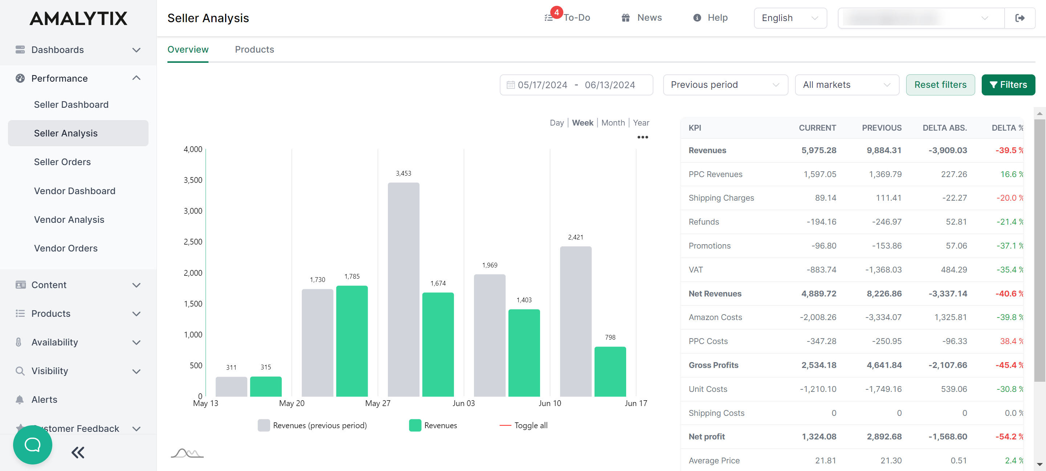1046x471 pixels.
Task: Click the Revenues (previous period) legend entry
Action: [312, 425]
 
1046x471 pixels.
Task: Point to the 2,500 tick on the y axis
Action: [193, 242]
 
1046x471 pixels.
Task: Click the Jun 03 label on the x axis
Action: [463, 403]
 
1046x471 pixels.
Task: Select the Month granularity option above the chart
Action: [613, 123]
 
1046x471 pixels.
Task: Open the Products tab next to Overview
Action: [254, 49]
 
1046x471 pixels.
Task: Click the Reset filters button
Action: [940, 85]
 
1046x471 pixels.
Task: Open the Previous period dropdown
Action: [725, 85]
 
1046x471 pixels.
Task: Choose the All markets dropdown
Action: [847, 85]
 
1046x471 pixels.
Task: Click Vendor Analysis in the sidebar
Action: [69, 220]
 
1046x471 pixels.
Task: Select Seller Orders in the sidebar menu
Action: [62, 162]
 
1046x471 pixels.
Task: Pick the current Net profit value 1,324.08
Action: [819, 437]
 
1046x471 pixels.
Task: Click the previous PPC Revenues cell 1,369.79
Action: [885, 174]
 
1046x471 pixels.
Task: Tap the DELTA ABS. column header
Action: [944, 128]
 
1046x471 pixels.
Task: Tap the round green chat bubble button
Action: [32, 445]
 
